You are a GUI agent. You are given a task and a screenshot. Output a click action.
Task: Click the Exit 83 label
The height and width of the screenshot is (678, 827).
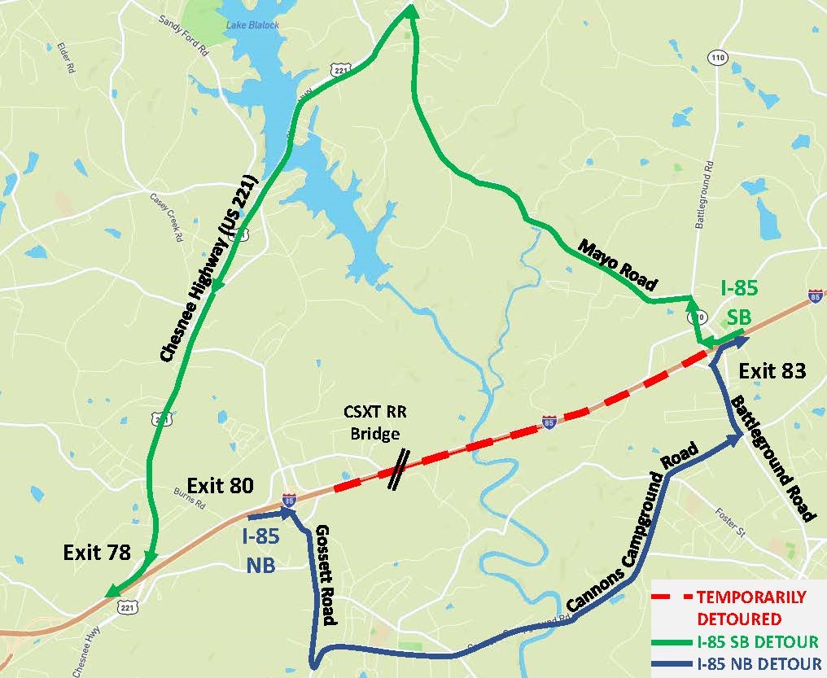click(x=772, y=371)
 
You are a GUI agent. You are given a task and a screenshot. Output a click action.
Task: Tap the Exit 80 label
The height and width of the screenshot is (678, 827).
click(x=220, y=486)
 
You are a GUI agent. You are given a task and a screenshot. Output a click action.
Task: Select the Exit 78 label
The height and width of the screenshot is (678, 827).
click(x=97, y=553)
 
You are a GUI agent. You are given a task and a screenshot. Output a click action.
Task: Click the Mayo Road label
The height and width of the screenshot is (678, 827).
click(x=618, y=265)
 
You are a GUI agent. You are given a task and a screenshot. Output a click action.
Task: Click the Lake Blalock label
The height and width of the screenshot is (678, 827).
click(x=252, y=25)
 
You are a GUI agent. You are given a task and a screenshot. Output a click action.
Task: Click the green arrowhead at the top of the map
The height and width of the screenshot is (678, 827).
click(x=410, y=10)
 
